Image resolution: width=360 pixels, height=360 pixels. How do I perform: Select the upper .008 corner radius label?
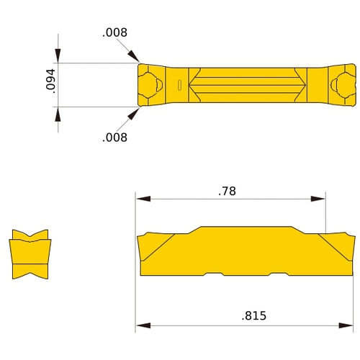(114, 32)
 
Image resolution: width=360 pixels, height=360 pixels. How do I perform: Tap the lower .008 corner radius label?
(114, 138)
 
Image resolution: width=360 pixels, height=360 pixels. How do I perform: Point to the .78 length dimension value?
(228, 191)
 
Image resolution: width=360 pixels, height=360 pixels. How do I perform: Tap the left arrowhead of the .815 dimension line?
(143, 325)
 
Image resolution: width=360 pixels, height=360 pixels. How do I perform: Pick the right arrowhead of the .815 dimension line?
(349, 325)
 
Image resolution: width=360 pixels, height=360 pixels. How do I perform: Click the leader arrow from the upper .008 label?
(135, 60)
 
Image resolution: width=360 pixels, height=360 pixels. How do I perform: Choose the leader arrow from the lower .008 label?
(135, 112)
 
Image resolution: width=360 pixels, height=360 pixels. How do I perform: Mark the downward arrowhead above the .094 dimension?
(58, 57)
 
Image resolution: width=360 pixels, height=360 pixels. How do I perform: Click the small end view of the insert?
(30, 255)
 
